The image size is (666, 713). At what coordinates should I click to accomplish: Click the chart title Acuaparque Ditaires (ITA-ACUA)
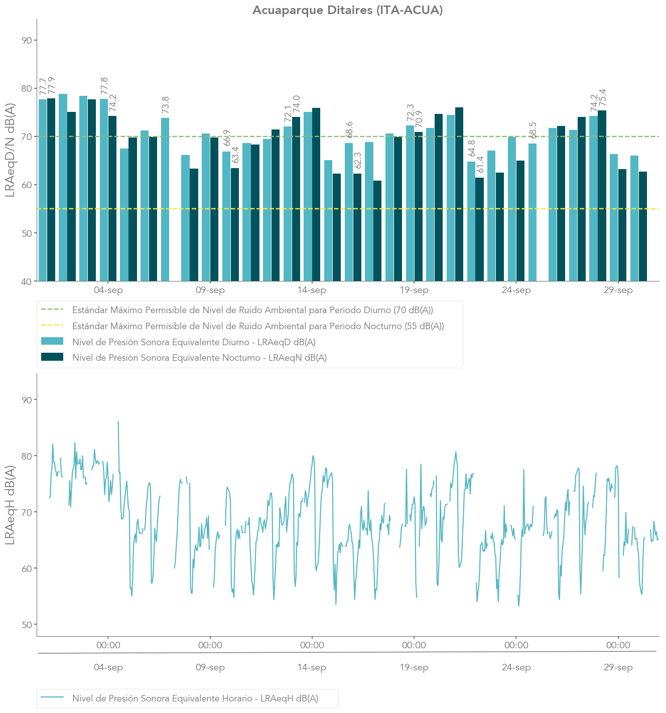point(347,10)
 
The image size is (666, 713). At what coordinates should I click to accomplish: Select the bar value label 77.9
point(51,86)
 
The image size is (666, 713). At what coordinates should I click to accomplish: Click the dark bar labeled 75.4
point(602,196)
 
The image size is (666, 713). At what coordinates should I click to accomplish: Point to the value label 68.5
point(533,130)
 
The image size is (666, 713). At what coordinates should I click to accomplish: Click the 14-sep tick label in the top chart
point(312,291)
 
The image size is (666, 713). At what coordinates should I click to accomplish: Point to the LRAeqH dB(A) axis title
point(10,505)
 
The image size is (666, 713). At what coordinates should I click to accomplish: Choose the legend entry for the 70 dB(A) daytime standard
point(252,310)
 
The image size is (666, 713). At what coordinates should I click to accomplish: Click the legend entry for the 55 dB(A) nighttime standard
point(258,326)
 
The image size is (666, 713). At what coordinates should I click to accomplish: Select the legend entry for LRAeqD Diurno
point(194,342)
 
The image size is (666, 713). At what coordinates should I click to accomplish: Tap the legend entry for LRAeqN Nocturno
point(199,358)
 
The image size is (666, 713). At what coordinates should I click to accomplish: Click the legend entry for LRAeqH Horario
point(195,698)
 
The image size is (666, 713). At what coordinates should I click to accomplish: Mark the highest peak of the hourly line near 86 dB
point(118,421)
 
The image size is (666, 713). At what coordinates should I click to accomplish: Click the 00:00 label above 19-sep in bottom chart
point(414,645)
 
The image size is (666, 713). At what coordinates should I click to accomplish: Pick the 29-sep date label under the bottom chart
point(618,668)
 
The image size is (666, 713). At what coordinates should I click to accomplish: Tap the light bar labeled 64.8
point(471,221)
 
